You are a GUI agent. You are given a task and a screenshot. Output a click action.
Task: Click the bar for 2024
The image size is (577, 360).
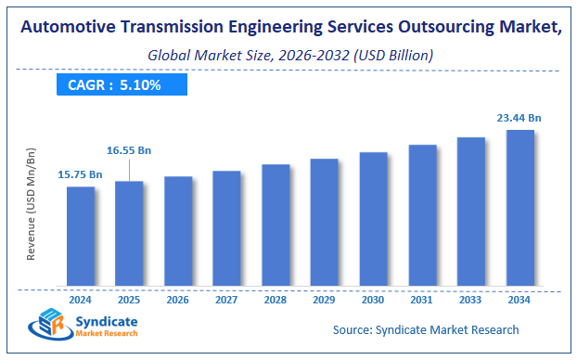click(x=81, y=236)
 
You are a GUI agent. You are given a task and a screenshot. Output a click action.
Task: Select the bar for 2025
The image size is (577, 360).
click(x=129, y=233)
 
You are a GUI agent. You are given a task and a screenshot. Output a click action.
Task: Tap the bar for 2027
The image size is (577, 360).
click(x=226, y=227)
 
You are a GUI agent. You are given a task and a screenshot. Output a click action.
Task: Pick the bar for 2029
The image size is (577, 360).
click(x=324, y=222)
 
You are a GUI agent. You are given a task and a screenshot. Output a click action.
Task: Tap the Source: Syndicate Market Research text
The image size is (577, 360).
click(x=426, y=329)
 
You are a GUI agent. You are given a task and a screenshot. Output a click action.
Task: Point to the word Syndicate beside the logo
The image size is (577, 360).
click(x=105, y=320)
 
